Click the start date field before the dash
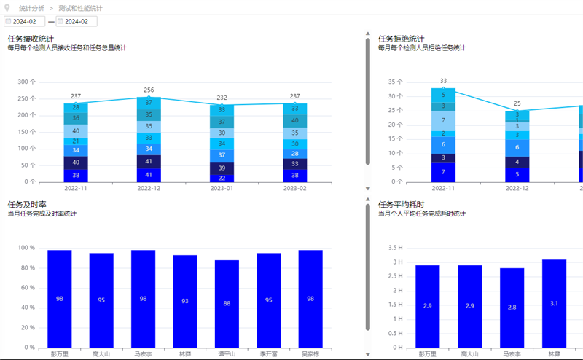[x=25, y=22]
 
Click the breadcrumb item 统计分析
[x=31, y=8]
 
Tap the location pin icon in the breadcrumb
[x=7, y=7]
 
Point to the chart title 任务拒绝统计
[x=401, y=39]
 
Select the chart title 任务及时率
[x=26, y=205]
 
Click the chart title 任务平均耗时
[x=401, y=205]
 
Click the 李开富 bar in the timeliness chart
[x=268, y=300]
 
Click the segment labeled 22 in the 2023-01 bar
[x=222, y=178]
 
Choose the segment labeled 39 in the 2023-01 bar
[x=222, y=168]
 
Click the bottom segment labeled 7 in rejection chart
[x=443, y=172]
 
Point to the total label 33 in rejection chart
[x=443, y=81]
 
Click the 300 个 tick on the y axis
[x=27, y=82]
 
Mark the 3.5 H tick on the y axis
[x=395, y=248]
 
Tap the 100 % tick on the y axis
[x=27, y=248]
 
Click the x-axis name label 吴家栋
[x=310, y=354]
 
